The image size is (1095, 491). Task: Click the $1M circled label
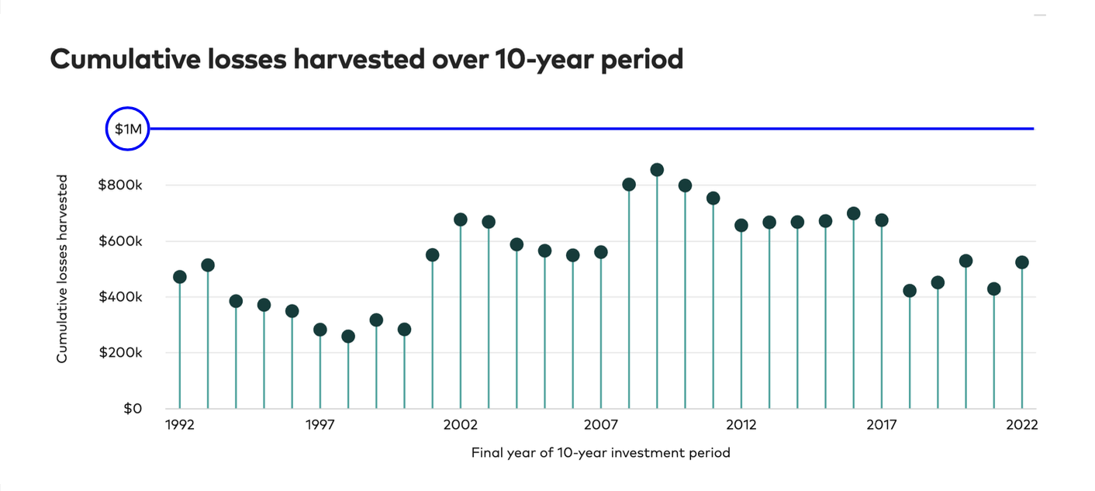127,129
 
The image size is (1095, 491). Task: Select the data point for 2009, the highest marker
657,170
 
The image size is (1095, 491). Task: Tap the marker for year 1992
180,277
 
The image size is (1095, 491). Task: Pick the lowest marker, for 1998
348,337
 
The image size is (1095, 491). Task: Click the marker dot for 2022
1022,263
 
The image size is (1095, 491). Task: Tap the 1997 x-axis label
320,425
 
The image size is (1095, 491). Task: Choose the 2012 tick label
741,425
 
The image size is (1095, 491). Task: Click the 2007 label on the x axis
601,425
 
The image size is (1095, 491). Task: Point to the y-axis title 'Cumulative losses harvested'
63,268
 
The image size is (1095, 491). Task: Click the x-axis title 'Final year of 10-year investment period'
601,452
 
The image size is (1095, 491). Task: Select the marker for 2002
461,220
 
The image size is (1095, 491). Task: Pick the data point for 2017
882,220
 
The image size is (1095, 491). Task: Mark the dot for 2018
910,291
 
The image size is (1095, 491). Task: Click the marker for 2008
629,185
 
